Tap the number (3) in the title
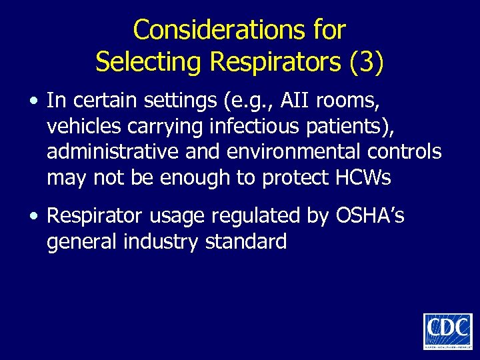pyautogui.click(x=366, y=61)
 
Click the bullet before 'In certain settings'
pyautogui.click(x=33, y=101)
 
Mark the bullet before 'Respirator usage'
pyautogui.click(x=33, y=216)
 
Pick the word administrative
pyautogui.click(x=110, y=152)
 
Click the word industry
pyautogui.click(x=160, y=241)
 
